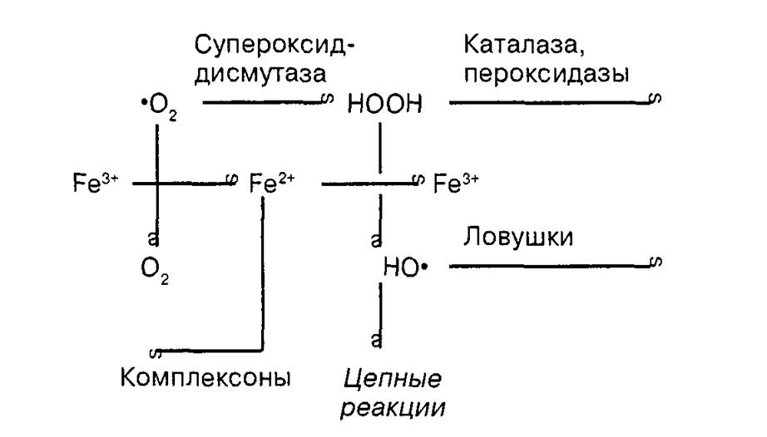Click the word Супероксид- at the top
274,46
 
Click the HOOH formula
384,104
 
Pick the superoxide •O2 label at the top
159,107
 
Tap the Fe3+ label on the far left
96,183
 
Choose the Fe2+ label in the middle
271,183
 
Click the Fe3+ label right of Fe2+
456,183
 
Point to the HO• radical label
405,267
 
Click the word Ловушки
518,238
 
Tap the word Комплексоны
205,377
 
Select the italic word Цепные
393,379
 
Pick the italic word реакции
393,408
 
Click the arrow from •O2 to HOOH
268,101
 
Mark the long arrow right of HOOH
555,101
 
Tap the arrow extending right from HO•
555,265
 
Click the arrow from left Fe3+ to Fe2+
185,183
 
